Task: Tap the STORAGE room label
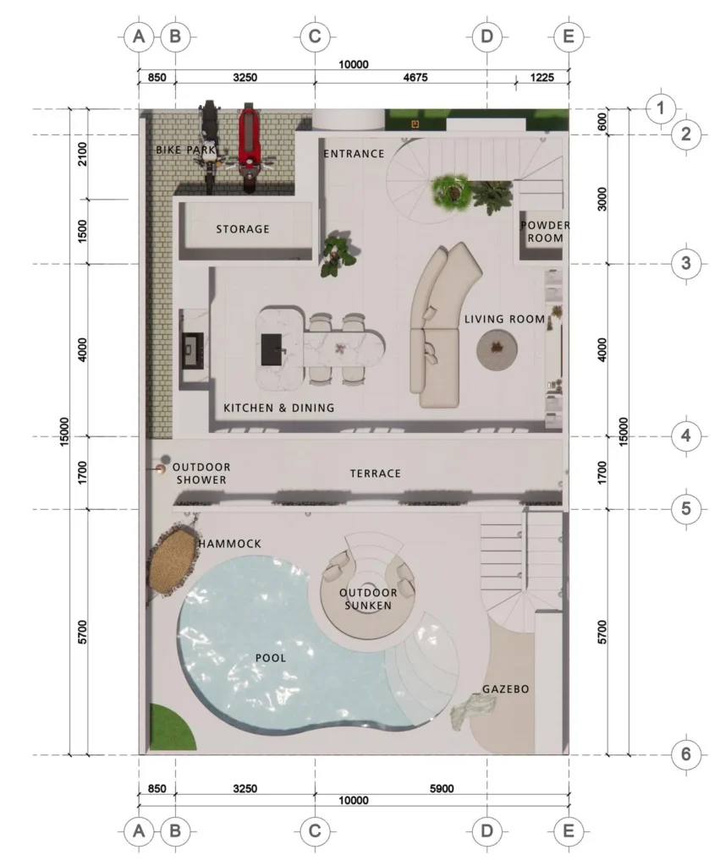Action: pyautogui.click(x=243, y=228)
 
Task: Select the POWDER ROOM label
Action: pyautogui.click(x=545, y=232)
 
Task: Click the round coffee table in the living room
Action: pyautogui.click(x=497, y=349)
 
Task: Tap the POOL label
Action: pyautogui.click(x=271, y=658)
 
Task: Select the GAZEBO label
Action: pyautogui.click(x=506, y=688)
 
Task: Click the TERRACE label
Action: pyautogui.click(x=375, y=474)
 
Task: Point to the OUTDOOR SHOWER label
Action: pyautogui.click(x=201, y=474)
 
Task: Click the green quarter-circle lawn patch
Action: pyautogui.click(x=171, y=728)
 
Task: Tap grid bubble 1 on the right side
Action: pyautogui.click(x=660, y=107)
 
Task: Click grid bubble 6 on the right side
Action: pyautogui.click(x=686, y=754)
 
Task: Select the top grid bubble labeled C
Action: pyautogui.click(x=315, y=37)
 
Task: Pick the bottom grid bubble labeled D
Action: pyautogui.click(x=486, y=830)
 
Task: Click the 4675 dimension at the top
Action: pyautogui.click(x=415, y=77)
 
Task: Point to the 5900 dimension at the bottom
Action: pyautogui.click(x=442, y=789)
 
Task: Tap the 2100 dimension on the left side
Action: pyautogui.click(x=82, y=154)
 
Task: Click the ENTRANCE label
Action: pyautogui.click(x=354, y=154)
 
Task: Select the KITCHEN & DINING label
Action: pyautogui.click(x=279, y=408)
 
